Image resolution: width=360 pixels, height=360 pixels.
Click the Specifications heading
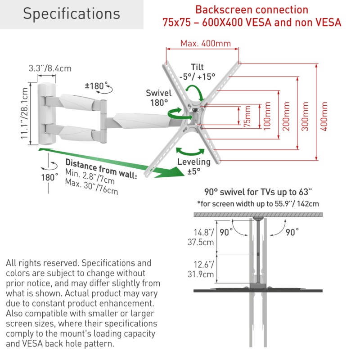[72, 13]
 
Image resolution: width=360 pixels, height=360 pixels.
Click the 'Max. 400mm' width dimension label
[206, 44]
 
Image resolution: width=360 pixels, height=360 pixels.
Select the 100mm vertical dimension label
[268, 117]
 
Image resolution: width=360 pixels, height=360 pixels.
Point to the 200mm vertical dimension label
[287, 117]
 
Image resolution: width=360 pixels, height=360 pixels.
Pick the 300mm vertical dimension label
[306, 117]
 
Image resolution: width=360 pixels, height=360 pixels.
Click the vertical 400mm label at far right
[324, 117]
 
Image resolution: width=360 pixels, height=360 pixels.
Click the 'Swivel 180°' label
[158, 98]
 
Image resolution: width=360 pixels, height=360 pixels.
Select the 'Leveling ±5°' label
[194, 166]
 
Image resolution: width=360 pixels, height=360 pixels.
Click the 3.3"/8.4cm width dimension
[50, 68]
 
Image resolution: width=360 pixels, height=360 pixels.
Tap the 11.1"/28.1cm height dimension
[25, 114]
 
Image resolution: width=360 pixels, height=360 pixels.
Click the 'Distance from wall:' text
[101, 167]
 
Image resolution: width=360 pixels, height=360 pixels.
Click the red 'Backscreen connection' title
[252, 10]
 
